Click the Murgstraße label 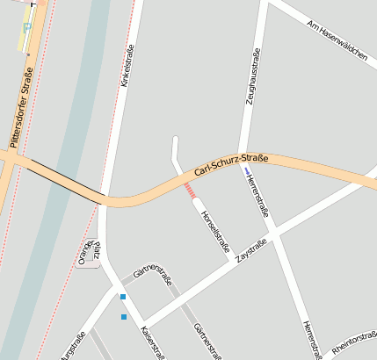74,345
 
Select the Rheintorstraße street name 355,344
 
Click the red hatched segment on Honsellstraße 190,190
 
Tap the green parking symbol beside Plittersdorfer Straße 26,27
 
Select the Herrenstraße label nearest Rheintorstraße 310,339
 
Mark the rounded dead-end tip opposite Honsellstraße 175,139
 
